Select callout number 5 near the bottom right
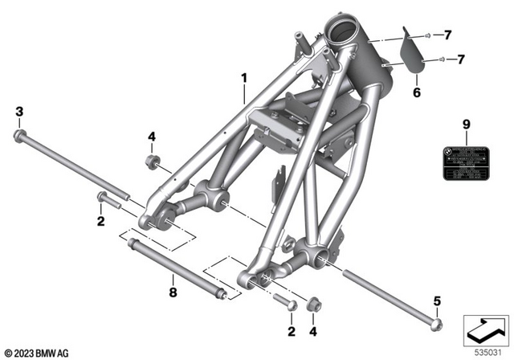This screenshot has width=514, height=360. point(437,301)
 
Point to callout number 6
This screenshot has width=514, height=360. point(417,93)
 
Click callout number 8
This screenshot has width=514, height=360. point(171,292)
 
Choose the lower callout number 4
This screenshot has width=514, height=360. point(313,330)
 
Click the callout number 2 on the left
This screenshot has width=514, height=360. point(101,220)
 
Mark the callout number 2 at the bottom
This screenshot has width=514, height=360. point(290,330)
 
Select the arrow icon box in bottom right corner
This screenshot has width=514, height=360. point(486,329)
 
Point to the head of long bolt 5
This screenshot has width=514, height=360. point(437,325)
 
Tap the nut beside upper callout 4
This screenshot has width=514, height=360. point(150,163)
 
